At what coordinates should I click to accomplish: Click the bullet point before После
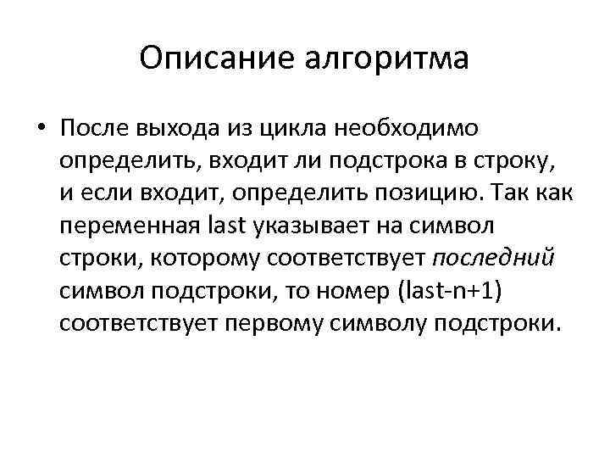[41, 129]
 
